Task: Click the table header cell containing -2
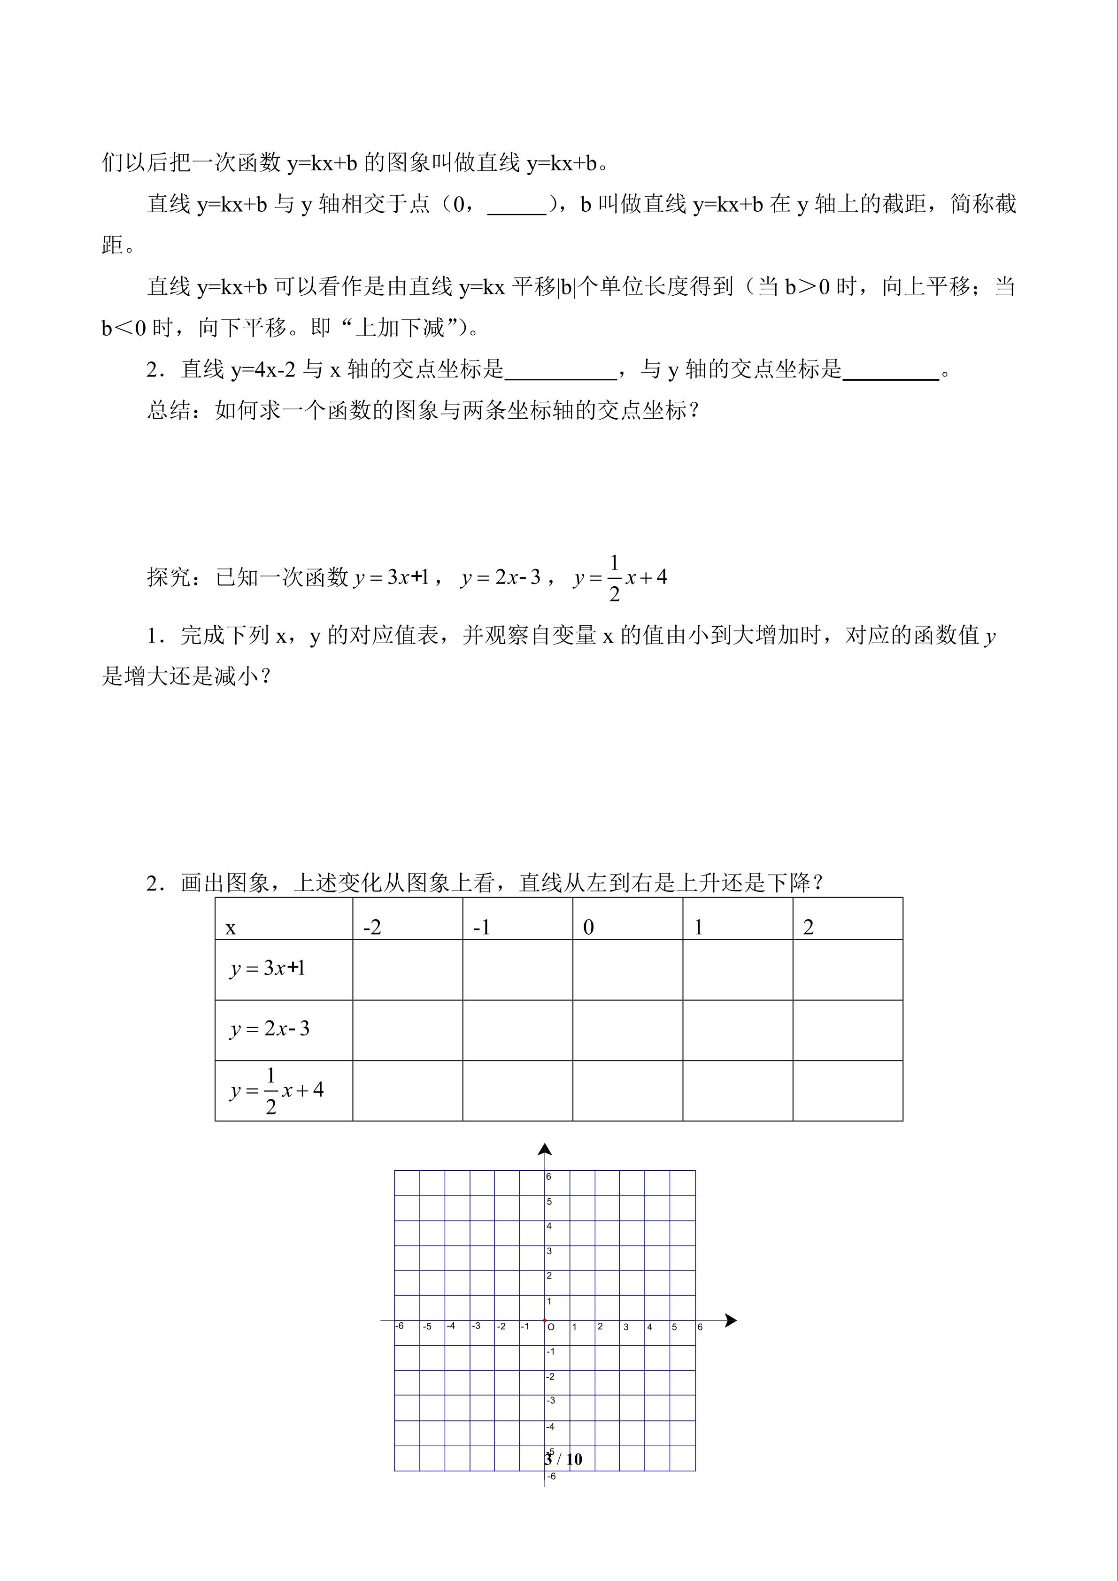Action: pos(407,920)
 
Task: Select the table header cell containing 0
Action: pos(627,920)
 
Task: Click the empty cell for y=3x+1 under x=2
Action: pos(847,969)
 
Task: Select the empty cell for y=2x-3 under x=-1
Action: pos(517,1029)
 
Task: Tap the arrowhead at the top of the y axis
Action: pos(545,1149)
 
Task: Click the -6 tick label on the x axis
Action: pos(400,1326)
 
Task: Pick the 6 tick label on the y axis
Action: pos(549,1177)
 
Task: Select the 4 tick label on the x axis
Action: pos(649,1327)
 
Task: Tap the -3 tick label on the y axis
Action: pos(550,1401)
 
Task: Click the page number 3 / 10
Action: pos(563,1458)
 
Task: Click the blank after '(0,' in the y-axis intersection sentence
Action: pos(517,205)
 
